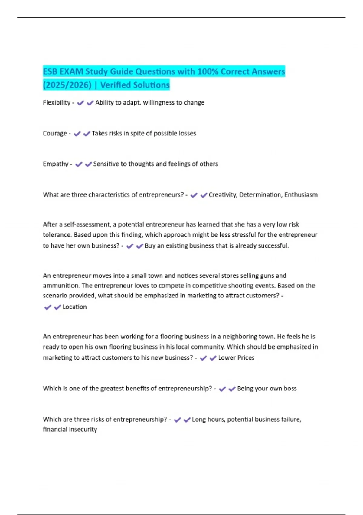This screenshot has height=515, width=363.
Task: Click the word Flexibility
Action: click(57, 103)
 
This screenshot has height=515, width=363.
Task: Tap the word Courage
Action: click(55, 134)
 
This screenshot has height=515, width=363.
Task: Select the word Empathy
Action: click(56, 164)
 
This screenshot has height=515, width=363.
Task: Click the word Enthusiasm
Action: click(301, 195)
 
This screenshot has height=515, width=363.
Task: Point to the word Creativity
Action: click(223, 195)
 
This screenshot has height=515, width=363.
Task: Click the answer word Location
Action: click(75, 307)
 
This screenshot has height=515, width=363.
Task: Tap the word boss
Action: click(290, 389)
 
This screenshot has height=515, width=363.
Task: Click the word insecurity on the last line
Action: click(83, 430)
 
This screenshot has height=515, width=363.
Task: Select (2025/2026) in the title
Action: click(67, 85)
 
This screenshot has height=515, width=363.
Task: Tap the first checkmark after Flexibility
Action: click(80, 103)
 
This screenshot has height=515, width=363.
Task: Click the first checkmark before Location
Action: click(48, 307)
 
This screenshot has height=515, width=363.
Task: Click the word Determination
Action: click(260, 195)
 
